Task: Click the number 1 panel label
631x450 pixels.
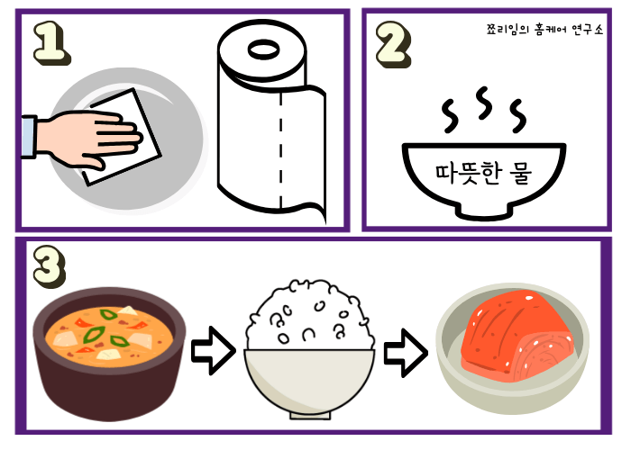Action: click(x=51, y=41)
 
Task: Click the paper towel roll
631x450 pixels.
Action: click(x=267, y=126)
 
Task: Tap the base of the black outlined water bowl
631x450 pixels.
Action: click(x=484, y=212)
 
